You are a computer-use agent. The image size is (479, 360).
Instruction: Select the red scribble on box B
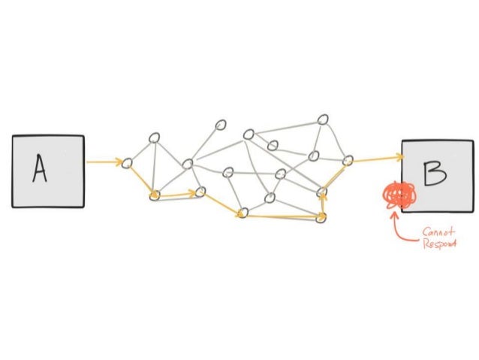pyautogui.click(x=398, y=196)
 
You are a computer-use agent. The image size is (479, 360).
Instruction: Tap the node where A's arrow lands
pyautogui.click(x=127, y=162)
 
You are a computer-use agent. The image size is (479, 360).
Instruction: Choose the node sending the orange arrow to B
pyautogui.click(x=348, y=160)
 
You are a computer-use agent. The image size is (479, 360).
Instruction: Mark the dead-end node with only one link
pyautogui.click(x=221, y=125)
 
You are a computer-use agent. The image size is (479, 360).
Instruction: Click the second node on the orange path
pyautogui.click(x=154, y=195)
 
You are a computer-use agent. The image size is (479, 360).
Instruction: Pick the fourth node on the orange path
pyautogui.click(x=242, y=213)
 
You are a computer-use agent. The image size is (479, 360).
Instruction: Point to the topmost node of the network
pyautogui.click(x=323, y=119)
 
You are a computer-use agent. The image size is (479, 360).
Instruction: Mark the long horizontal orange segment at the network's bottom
pyautogui.click(x=282, y=216)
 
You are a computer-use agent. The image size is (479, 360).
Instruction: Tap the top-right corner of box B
pyautogui.click(x=473, y=140)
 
